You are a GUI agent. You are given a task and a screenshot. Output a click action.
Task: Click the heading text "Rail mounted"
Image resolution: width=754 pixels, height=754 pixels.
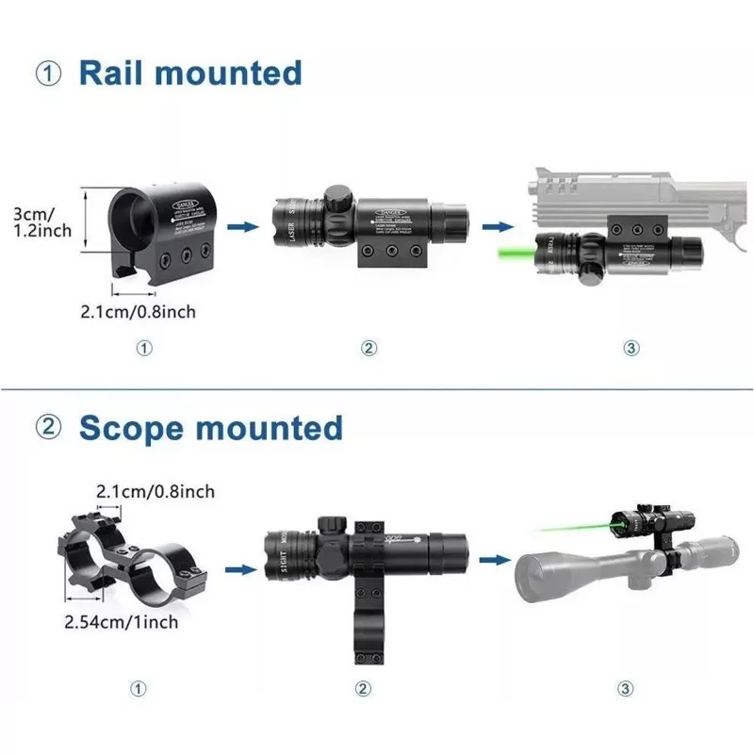coord(190,73)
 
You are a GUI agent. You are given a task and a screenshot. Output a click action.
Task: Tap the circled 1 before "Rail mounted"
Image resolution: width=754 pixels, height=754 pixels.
coord(49,74)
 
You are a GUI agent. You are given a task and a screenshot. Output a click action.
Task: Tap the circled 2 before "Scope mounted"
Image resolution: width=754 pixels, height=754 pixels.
coord(49,428)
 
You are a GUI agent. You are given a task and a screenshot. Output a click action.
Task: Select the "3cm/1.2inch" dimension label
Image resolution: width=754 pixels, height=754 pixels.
coord(40,223)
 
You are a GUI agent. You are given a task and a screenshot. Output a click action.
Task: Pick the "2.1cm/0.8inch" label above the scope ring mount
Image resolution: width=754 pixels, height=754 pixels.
coord(156,491)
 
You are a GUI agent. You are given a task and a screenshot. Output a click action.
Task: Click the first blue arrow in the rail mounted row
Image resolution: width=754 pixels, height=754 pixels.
coord(244,226)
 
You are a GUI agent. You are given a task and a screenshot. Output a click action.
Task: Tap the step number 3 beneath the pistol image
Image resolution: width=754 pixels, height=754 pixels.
coord(631,348)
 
